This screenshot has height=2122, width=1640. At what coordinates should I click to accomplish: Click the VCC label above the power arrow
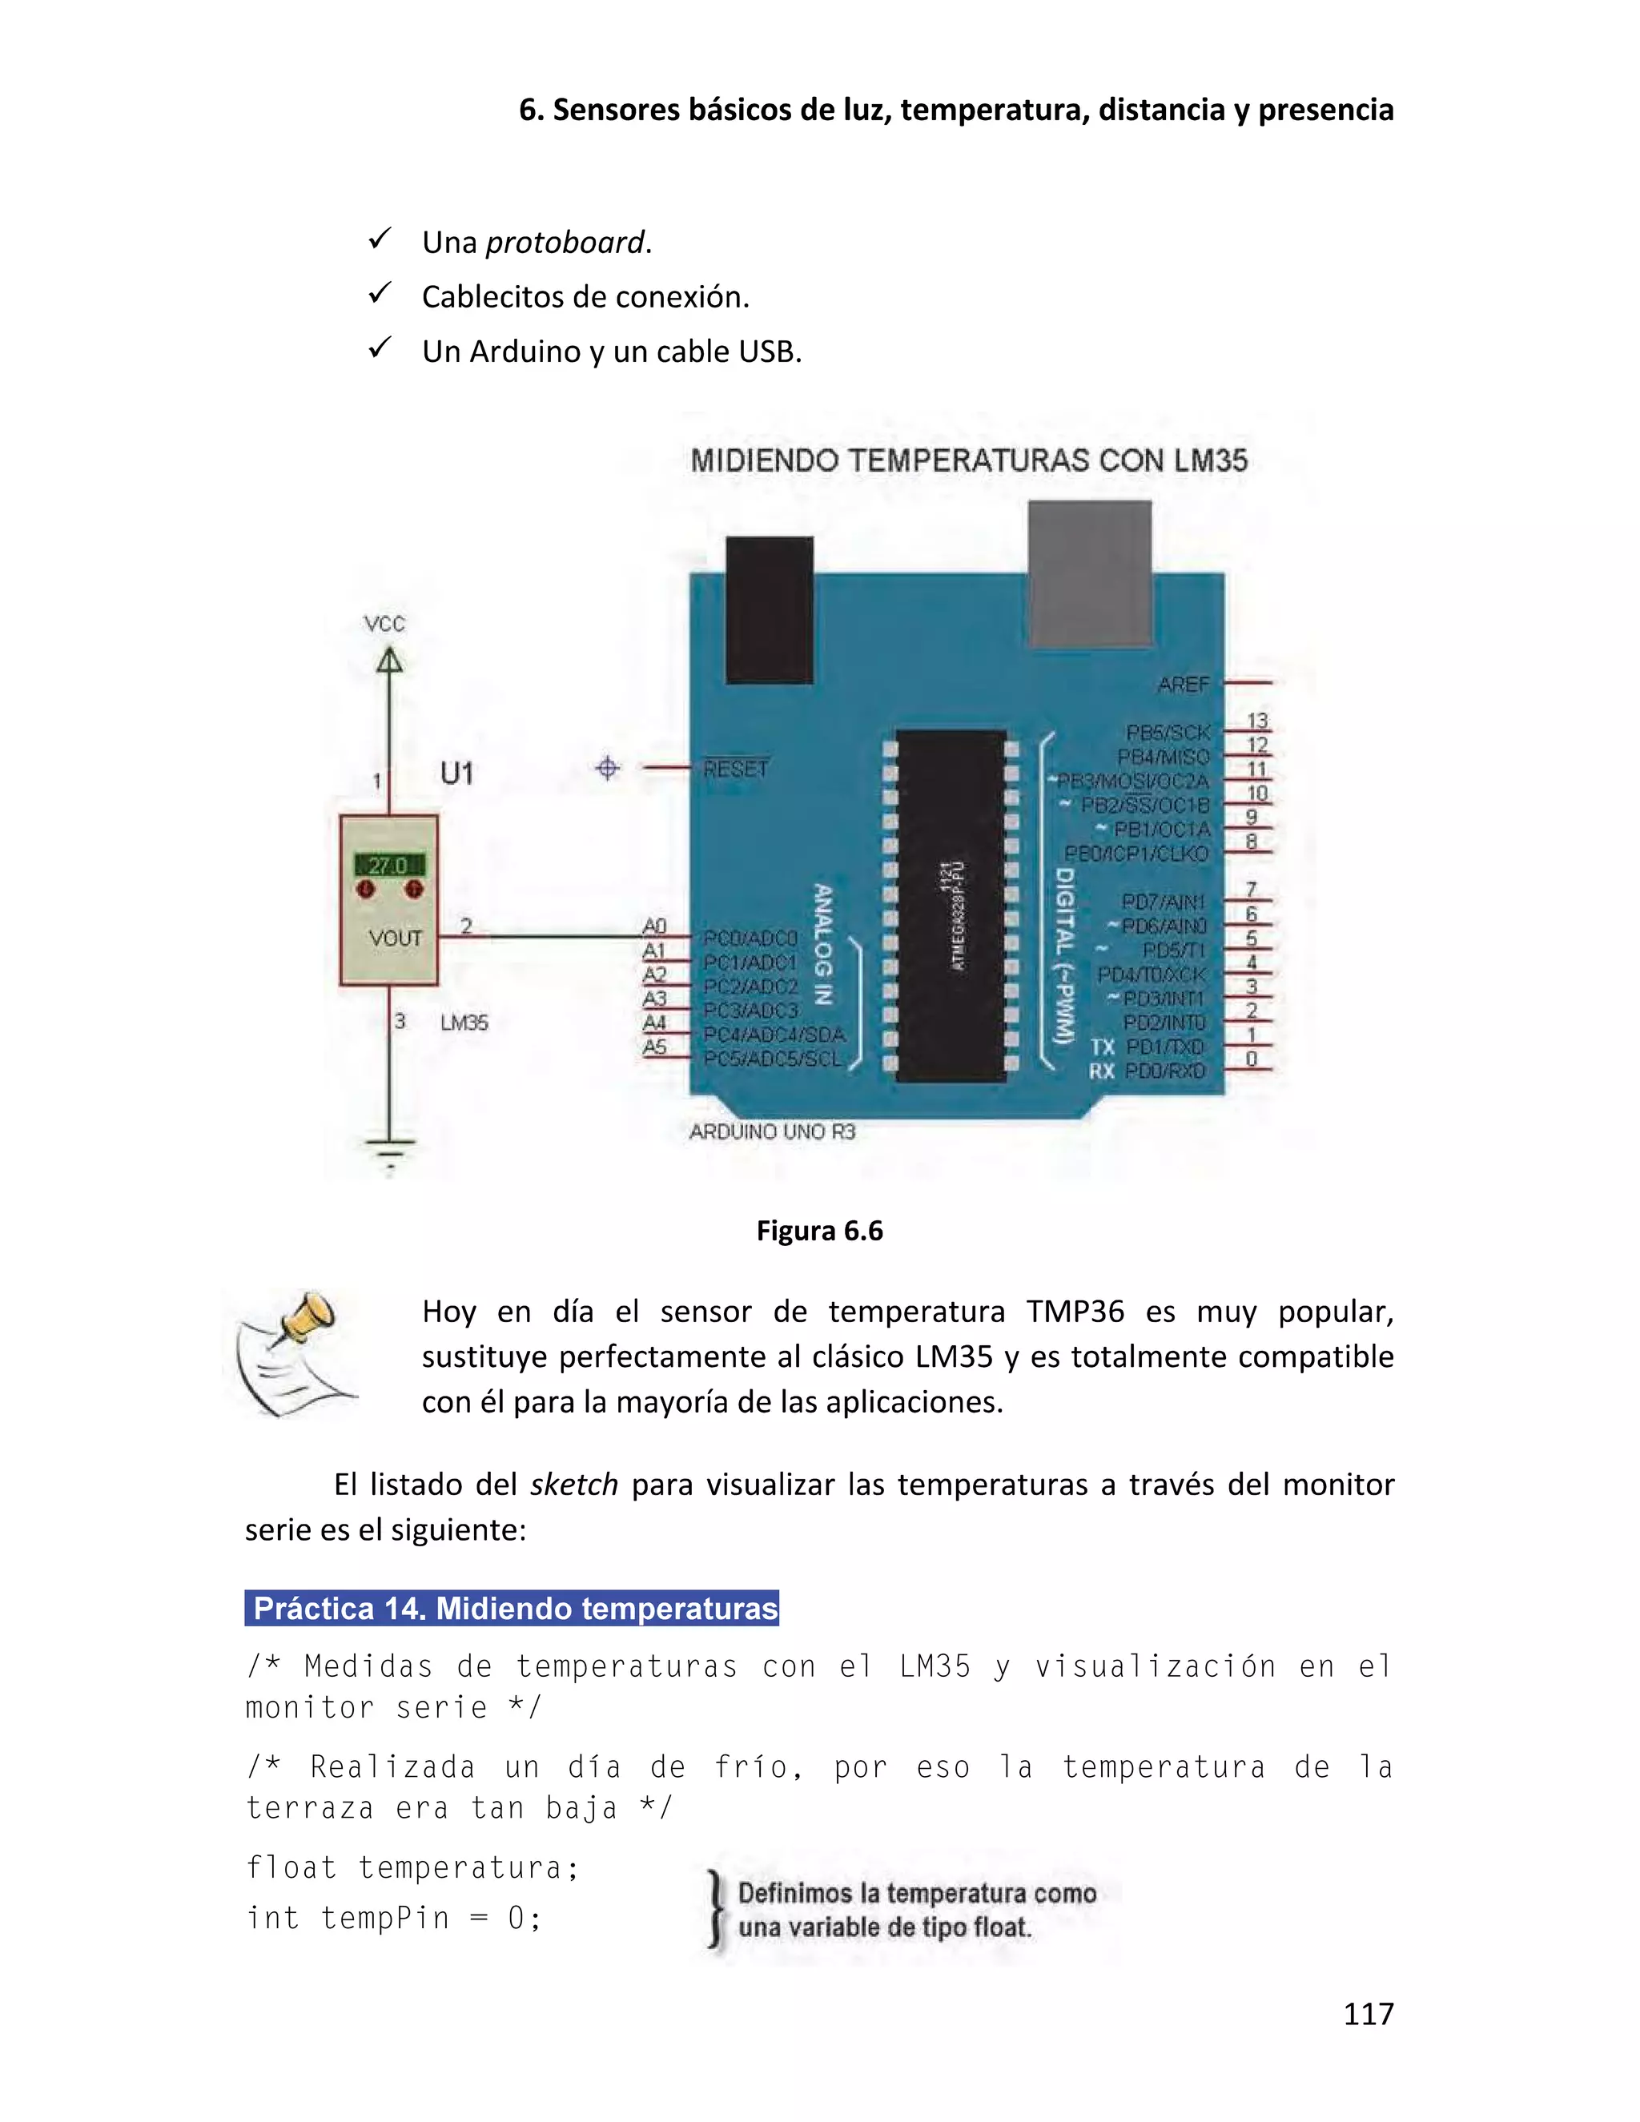(384, 624)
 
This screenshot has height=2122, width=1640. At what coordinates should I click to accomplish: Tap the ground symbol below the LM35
(391, 1152)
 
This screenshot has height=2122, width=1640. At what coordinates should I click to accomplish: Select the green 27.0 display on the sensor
(388, 864)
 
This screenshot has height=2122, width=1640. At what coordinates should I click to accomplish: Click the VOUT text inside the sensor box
(396, 938)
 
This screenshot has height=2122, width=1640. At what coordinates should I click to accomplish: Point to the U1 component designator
(456, 774)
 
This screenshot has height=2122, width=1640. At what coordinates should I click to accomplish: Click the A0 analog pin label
(655, 926)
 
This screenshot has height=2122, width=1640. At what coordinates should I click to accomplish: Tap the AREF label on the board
(1184, 685)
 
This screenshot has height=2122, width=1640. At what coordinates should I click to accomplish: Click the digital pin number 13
(1257, 721)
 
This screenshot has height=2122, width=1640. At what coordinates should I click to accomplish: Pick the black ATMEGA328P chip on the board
(951, 906)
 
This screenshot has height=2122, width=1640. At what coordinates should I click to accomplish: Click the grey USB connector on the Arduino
(1090, 573)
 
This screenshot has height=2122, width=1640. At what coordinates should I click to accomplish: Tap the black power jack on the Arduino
(770, 609)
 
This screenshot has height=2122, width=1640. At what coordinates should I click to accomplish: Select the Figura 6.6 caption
(819, 1231)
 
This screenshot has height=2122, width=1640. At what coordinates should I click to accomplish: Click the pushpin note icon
(295, 1353)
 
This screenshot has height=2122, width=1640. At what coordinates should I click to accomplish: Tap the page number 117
(1368, 2013)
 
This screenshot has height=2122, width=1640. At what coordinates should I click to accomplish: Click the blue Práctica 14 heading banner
(512, 1608)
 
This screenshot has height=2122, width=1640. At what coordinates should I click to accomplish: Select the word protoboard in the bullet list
(565, 242)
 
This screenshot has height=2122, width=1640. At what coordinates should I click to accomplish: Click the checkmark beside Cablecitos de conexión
(380, 292)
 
